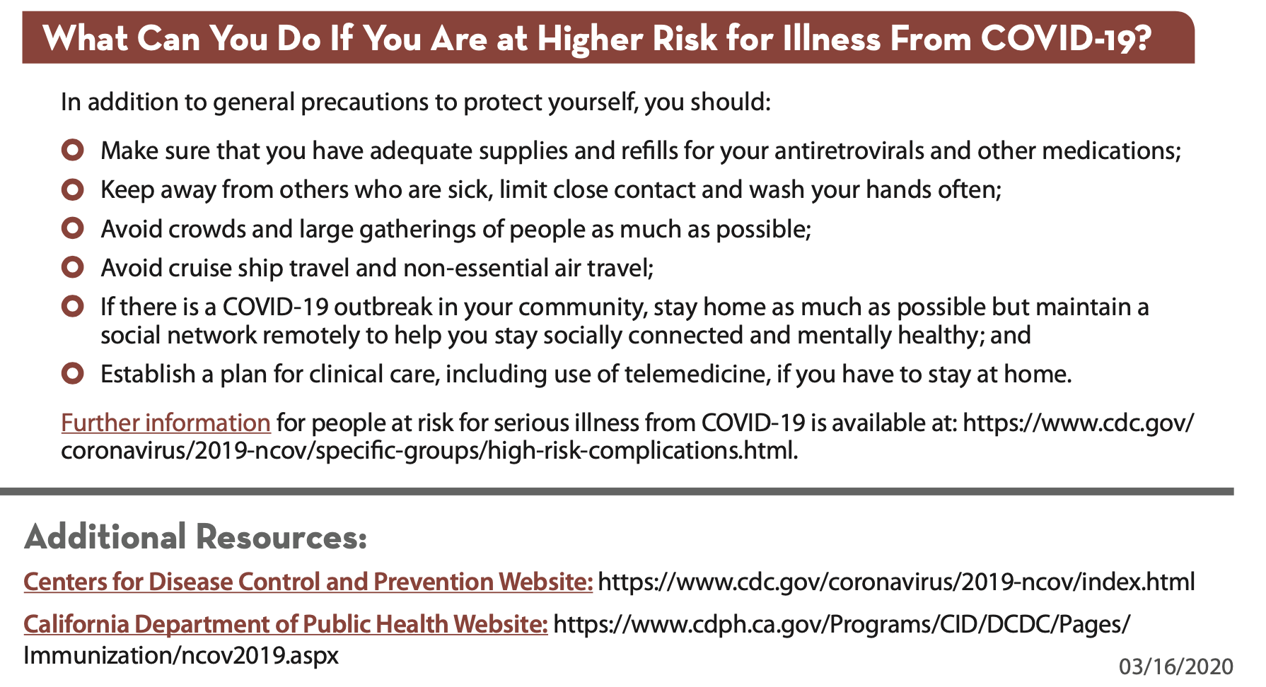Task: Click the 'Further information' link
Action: click(165, 423)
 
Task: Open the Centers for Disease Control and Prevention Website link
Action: click(308, 582)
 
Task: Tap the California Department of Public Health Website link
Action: click(286, 625)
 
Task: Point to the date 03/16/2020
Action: click(1176, 667)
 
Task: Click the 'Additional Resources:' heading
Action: click(196, 536)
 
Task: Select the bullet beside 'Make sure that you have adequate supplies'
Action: click(73, 150)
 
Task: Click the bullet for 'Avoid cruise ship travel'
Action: click(73, 267)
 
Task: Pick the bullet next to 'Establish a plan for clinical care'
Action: click(73, 373)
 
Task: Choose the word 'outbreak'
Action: click(383, 307)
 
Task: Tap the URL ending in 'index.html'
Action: click(896, 582)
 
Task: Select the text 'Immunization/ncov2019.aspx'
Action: click(181, 655)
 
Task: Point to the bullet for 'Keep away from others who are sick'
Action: click(73, 189)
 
